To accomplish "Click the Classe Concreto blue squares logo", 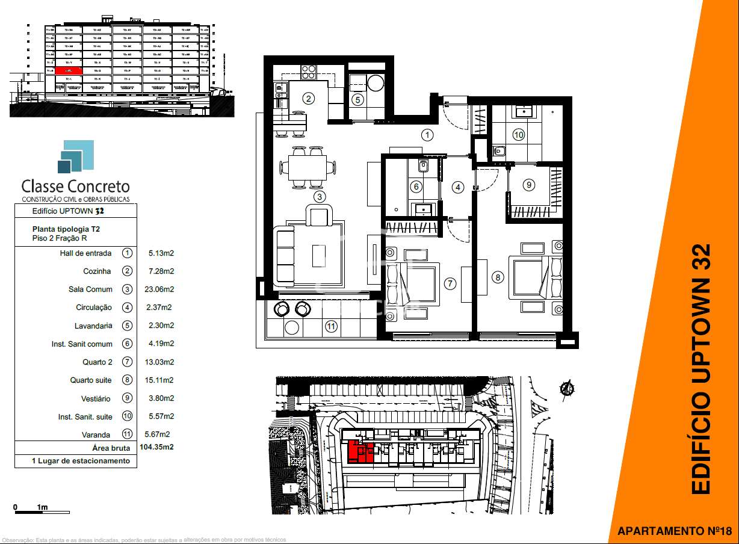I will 76,156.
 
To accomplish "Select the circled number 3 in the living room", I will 320,196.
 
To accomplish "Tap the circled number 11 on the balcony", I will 331,327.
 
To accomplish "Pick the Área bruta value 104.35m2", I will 156,447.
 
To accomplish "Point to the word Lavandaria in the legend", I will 93,326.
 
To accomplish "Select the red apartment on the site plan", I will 361,451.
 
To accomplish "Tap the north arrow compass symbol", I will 566,390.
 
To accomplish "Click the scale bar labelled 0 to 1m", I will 42,512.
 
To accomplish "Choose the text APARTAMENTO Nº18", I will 674,531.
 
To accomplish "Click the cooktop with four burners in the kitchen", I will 308,72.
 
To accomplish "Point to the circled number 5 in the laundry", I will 358,100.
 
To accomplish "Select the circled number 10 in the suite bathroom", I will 518,135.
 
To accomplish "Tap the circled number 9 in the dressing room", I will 528,185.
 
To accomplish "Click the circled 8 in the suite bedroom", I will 497,277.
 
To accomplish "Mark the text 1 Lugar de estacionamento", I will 81,461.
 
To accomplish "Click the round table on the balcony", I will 292,327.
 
